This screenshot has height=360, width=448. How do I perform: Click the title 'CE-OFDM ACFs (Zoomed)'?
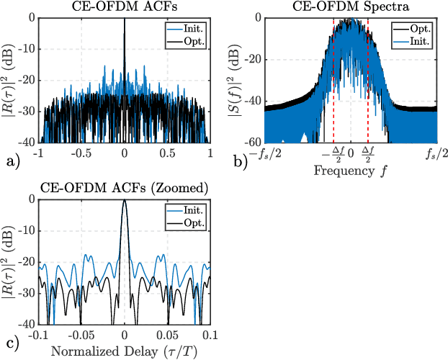tap(125, 188)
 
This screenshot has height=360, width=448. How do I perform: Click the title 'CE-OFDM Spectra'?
tap(351, 6)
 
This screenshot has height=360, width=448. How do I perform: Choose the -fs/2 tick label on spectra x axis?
tap(265, 153)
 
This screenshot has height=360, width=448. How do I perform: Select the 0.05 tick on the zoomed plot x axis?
tap(167, 336)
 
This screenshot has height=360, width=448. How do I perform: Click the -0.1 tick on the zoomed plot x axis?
tap(39, 336)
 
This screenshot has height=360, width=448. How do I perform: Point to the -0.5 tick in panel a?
tap(81, 153)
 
